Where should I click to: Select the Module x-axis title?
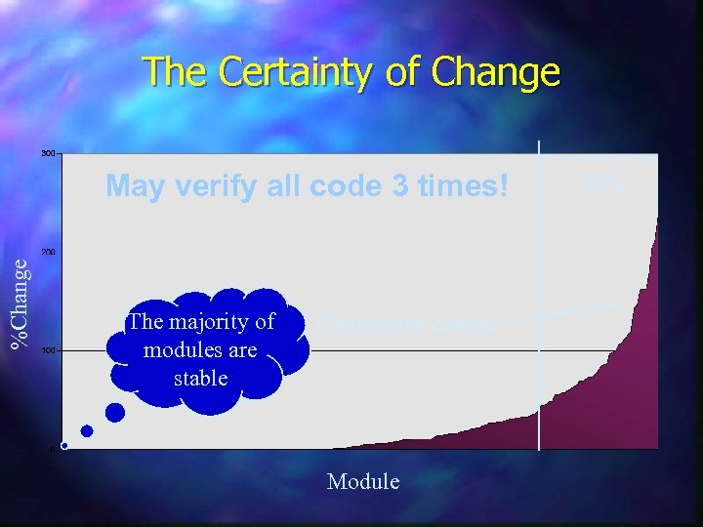[x=363, y=481]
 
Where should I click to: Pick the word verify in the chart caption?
[x=211, y=186]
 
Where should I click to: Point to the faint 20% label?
[x=601, y=183]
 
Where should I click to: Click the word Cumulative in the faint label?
[x=363, y=323]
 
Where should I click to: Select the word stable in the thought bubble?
[x=200, y=377]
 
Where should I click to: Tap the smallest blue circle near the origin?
[x=64, y=446]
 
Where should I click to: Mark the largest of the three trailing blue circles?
[x=115, y=413]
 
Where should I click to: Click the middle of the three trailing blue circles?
[x=87, y=430]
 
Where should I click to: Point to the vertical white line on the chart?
[x=539, y=293]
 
